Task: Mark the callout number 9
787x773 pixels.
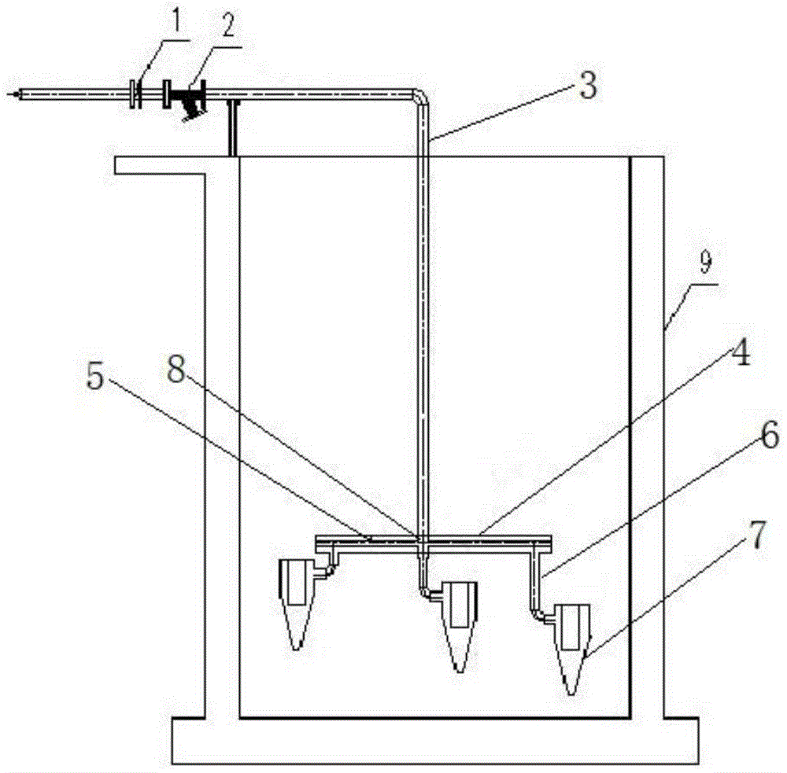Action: pyautogui.click(x=703, y=265)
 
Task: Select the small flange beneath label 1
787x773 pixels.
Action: pyautogui.click(x=135, y=94)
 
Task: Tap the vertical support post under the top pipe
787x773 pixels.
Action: pyautogui.click(x=231, y=127)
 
